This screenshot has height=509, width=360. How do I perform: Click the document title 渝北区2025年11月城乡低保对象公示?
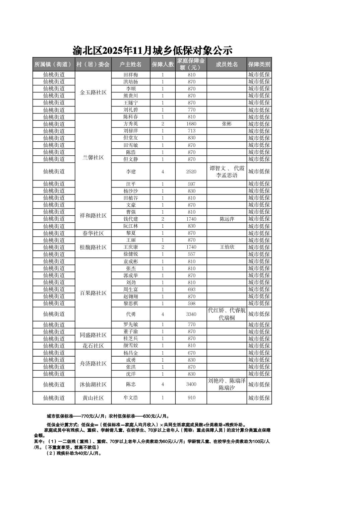153,51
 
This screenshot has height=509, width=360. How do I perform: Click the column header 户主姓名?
130,64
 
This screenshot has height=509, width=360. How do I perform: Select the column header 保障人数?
163,64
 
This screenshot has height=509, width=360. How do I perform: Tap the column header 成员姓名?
227,64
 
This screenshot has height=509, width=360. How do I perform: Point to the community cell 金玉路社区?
93,92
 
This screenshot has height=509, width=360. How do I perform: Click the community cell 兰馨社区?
93,157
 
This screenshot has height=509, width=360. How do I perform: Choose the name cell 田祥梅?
130,75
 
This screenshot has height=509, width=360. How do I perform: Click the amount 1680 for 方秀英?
191,124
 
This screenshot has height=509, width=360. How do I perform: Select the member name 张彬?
227,124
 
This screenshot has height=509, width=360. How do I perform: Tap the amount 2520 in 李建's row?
191,172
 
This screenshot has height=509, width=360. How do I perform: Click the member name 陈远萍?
227,219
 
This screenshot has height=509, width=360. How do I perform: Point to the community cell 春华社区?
93,233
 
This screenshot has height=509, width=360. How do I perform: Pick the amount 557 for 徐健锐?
191,254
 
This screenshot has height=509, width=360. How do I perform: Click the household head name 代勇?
130,314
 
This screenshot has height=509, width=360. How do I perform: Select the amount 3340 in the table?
191,314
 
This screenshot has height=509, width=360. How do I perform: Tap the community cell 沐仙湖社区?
93,384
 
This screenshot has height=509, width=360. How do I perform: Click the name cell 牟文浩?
130,398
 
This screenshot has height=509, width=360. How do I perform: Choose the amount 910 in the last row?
191,398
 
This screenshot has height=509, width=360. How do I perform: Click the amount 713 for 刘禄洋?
191,131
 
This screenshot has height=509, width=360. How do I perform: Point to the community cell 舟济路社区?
93,364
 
